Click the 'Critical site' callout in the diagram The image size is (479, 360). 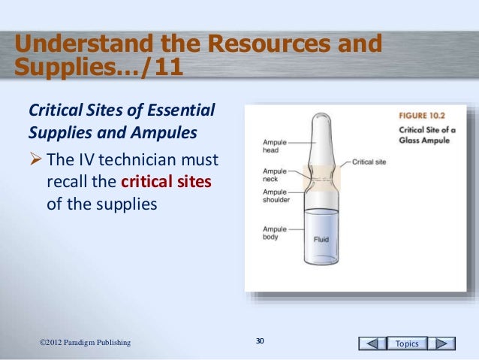[x=369, y=162]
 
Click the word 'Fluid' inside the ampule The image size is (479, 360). [x=321, y=241]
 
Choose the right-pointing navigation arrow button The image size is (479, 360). [x=442, y=343]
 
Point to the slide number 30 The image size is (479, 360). [x=260, y=343]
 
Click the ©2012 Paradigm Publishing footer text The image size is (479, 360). [x=84, y=343]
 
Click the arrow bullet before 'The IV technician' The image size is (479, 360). [x=35, y=161]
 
